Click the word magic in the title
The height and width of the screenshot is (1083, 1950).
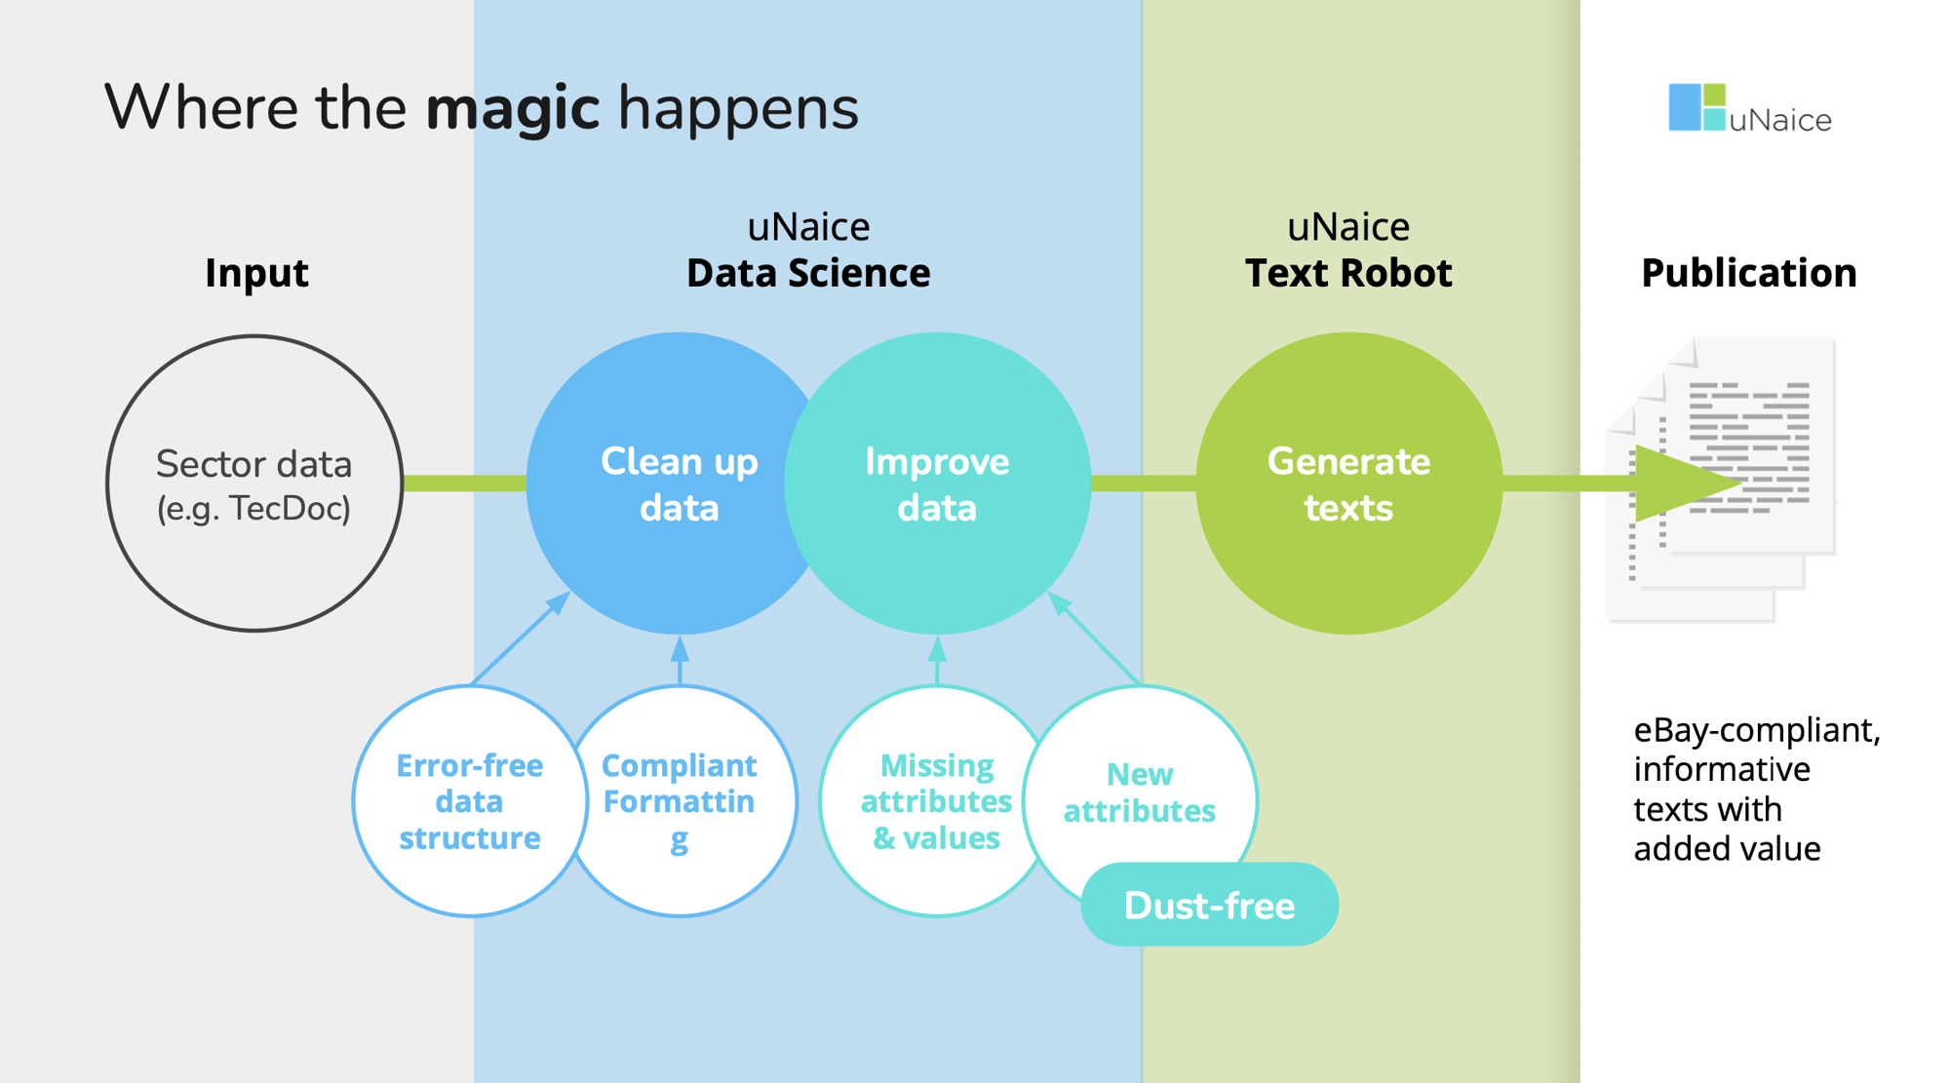point(512,107)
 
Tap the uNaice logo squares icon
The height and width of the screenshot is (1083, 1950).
point(1696,107)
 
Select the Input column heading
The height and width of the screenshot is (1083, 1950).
point(256,273)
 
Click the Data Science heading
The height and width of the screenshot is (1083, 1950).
point(808,273)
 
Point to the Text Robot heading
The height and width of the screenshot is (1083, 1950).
point(1348,273)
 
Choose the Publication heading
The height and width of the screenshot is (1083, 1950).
point(1748,273)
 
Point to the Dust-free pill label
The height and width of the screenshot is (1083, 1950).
point(1209,906)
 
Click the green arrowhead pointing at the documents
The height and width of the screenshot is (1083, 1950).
point(1682,483)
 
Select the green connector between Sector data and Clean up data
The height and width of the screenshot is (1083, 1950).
point(464,483)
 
